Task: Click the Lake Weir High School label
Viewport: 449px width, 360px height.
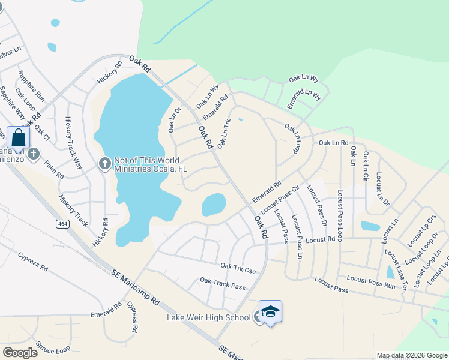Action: click(208, 317)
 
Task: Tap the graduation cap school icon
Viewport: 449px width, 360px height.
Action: click(270, 311)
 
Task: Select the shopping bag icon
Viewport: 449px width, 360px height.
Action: click(19, 137)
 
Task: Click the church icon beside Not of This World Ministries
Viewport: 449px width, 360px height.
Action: click(104, 163)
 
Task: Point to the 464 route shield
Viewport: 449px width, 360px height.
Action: click(62, 223)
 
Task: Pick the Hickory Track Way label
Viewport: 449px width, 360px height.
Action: click(73, 142)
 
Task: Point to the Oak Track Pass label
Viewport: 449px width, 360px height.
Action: click(223, 283)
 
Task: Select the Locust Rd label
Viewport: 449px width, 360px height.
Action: click(320, 240)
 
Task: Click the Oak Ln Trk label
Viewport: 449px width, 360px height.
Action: click(224, 133)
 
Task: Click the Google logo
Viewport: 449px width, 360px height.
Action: click(20, 353)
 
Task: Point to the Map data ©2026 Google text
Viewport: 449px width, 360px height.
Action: click(411, 355)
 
